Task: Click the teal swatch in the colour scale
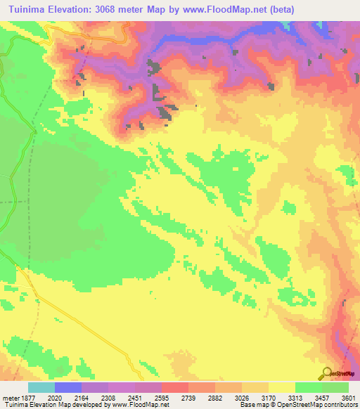coord(41,387)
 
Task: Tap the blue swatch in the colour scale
coord(68,387)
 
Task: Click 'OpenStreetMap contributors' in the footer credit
coord(323,404)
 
